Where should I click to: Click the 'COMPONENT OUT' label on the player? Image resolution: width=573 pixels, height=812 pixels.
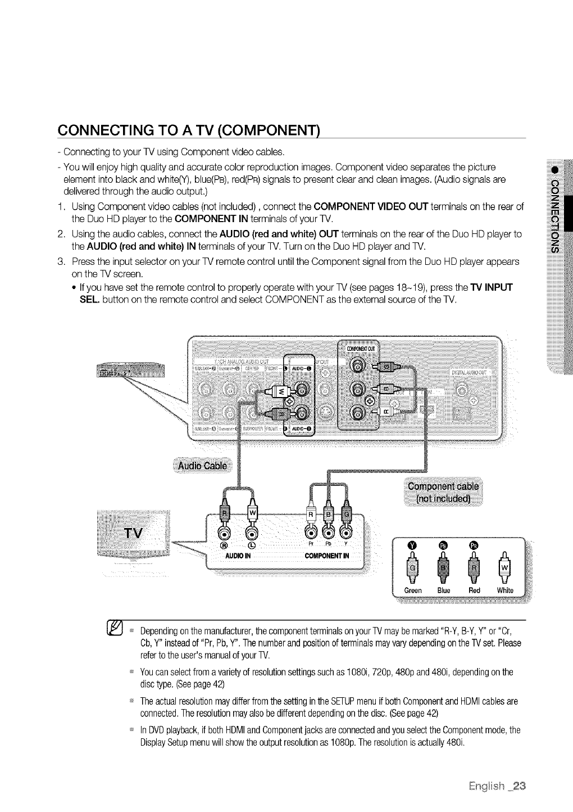point(360,348)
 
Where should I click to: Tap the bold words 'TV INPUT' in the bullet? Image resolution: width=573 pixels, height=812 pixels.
point(488,287)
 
